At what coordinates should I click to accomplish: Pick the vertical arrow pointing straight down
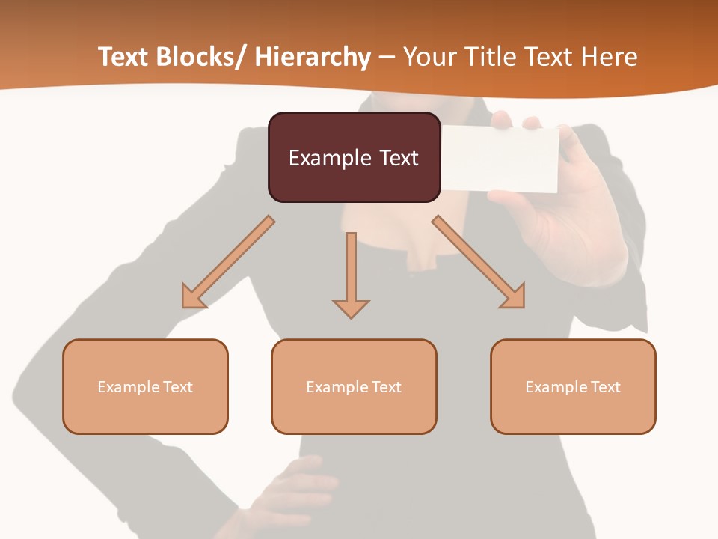click(x=351, y=274)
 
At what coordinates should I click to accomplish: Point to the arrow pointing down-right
click(x=479, y=263)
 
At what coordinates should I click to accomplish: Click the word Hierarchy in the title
click(x=313, y=57)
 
